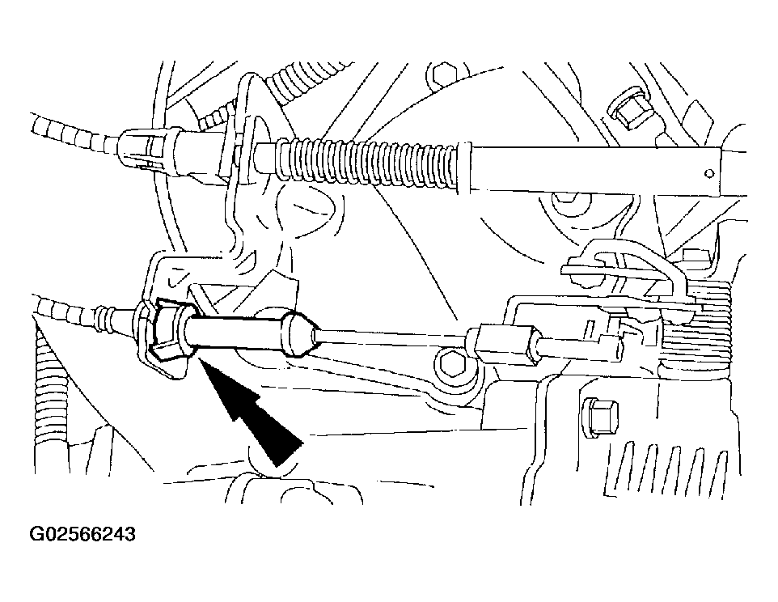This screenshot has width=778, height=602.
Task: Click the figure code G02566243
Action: tap(82, 535)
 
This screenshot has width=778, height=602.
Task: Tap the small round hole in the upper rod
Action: tap(709, 173)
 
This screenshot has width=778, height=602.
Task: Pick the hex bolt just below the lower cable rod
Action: tap(449, 364)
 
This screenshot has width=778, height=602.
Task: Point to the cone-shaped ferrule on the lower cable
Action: tap(299, 334)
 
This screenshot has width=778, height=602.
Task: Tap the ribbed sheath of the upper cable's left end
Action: tap(74, 133)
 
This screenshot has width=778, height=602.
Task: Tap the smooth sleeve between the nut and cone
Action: tap(235, 333)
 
